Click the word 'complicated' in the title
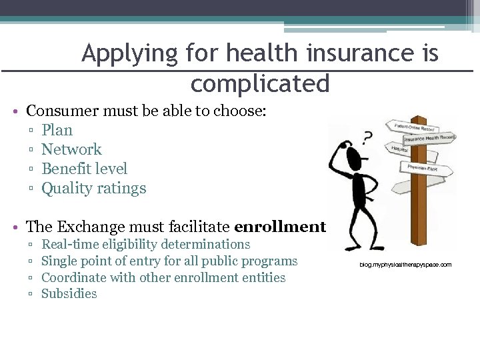tap(260, 85)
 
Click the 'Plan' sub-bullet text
tap(57, 130)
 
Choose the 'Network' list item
tap(71, 149)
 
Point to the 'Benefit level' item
tap(84, 169)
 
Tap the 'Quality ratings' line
tap(93, 188)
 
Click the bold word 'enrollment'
tap(280, 227)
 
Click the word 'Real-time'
tap(69, 245)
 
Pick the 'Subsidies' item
tap(69, 294)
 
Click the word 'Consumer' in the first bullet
tap(64, 111)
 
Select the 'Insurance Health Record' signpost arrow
tap(429, 139)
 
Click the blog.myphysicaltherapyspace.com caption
tap(405, 265)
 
